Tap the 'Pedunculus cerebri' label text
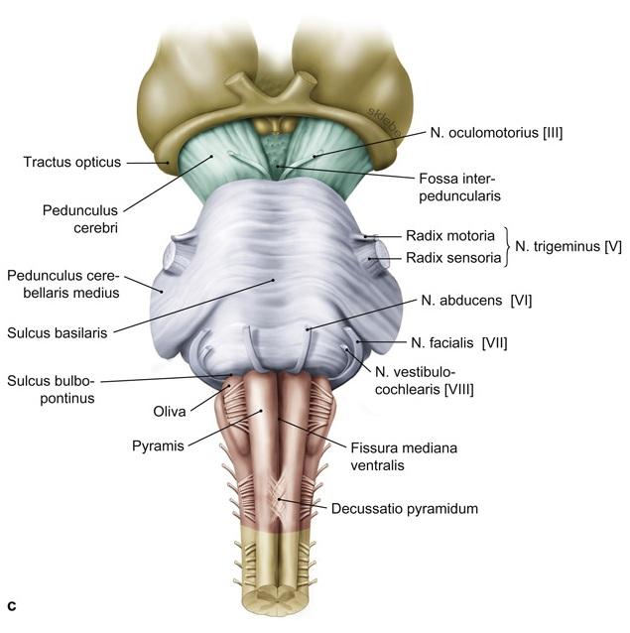[80, 218]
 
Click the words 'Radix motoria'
[447, 237]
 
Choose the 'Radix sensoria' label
[449, 259]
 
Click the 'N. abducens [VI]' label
[475, 300]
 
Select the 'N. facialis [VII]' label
[459, 343]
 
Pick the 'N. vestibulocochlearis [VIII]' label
[424, 379]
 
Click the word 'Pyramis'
[158, 446]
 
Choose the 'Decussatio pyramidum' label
[405, 509]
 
